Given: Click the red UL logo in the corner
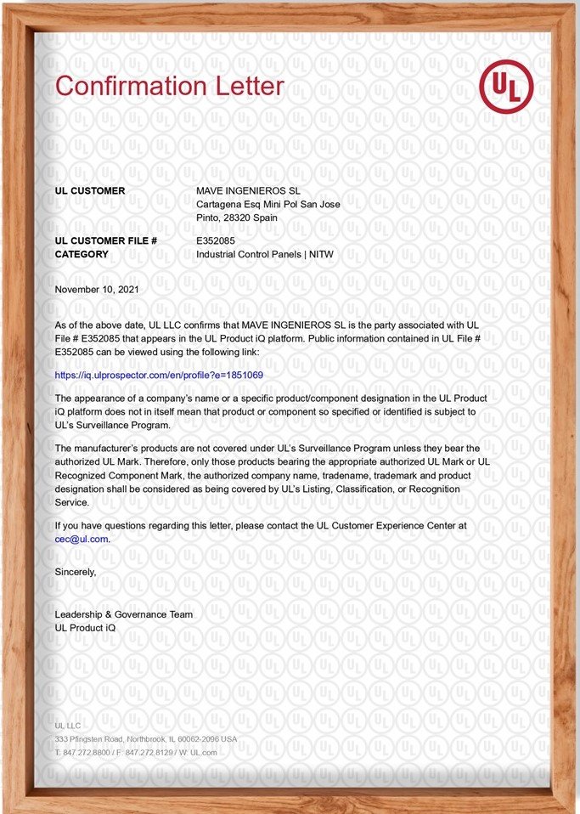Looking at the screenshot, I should tap(506, 87).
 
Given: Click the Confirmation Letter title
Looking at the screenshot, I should tap(169, 86).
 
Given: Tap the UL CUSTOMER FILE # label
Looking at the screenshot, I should tap(105, 241).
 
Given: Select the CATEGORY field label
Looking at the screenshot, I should tap(82, 254).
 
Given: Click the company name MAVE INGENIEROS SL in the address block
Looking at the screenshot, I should tap(248, 191).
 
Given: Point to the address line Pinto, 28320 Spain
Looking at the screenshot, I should tap(237, 218).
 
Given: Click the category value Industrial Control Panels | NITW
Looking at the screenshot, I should tap(264, 254).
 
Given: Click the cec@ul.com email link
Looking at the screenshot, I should tap(82, 538).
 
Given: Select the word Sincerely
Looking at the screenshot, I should tap(76, 572).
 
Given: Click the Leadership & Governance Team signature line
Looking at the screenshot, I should tap(123, 614).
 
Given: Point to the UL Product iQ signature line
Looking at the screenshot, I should tap(85, 627).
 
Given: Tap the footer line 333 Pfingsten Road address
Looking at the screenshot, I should tap(145, 739).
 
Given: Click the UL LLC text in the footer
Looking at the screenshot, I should tap(65, 726).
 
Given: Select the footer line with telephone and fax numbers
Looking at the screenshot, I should tap(136, 752).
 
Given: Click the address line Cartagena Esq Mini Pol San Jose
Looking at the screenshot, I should tap(267, 204).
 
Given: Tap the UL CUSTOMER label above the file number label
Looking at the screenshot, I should tap(89, 191).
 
